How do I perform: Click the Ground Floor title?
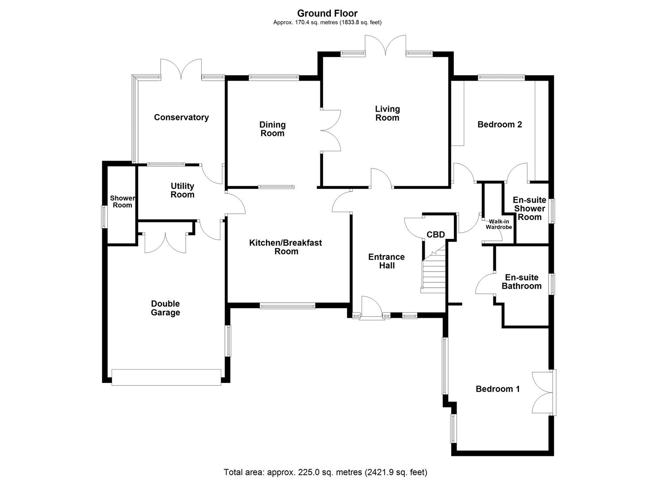(x=327, y=13)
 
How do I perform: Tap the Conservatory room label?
(x=181, y=117)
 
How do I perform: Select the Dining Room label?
(x=272, y=129)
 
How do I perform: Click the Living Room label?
(x=387, y=113)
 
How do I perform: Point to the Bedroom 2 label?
(x=499, y=124)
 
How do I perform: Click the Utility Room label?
(x=182, y=190)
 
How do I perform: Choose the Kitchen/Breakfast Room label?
(x=286, y=247)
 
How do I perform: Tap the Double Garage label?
(x=165, y=308)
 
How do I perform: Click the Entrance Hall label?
(x=386, y=261)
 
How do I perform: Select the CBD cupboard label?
(x=435, y=235)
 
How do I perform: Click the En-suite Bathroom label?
(x=522, y=281)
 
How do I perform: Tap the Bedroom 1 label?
(x=498, y=389)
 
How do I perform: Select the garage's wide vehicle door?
(x=166, y=377)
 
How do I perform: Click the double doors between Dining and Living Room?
(x=330, y=131)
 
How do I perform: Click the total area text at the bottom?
(x=325, y=472)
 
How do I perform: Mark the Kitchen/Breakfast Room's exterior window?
(x=287, y=305)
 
